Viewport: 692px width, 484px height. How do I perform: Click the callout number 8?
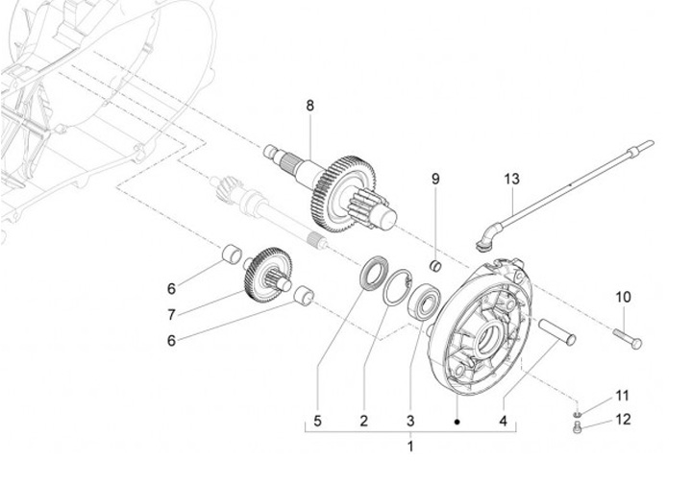coord(309,106)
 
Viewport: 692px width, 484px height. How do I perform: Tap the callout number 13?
coord(512,179)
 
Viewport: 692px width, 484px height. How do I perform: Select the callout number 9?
coord(435,179)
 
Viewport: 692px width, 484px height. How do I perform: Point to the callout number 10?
coord(623,297)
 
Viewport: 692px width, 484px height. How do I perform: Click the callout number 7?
coord(171,315)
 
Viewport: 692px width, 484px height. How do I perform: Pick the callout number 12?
coord(623,420)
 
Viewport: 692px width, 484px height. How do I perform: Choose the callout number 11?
coord(622,396)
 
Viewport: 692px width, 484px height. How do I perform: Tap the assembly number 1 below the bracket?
coord(410,447)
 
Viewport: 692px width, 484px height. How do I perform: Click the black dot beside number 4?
coord(457,422)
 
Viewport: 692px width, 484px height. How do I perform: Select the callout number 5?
coord(318,421)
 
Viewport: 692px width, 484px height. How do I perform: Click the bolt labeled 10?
coord(627,338)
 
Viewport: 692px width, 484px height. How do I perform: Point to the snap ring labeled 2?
coord(398,286)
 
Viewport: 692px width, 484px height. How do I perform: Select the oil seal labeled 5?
coord(375,273)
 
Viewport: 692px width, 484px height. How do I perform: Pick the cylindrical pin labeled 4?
coord(556,332)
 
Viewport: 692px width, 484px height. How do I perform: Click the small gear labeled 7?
coord(267,275)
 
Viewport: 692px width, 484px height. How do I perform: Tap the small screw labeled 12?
coord(578,426)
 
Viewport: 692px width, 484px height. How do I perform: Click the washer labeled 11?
coord(578,414)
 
